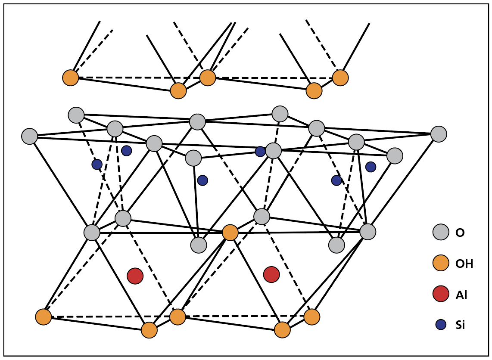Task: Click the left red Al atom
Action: tap(135, 276)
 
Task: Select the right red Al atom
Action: tap(271, 274)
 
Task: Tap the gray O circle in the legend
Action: tap(441, 232)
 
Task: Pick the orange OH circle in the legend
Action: tap(441, 263)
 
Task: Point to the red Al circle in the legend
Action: tap(441, 294)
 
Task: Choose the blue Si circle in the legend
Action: tap(441, 325)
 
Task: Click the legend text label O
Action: tap(460, 233)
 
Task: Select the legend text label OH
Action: tap(464, 264)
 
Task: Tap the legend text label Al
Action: tap(461, 295)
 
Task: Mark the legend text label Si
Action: tap(460, 325)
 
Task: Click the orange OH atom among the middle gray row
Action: tap(230, 233)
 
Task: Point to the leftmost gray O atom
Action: tap(29, 136)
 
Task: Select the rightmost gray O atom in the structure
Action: tap(439, 134)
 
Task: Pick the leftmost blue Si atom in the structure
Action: tap(97, 164)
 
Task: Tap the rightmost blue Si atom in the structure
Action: tap(371, 167)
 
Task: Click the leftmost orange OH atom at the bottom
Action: tap(44, 317)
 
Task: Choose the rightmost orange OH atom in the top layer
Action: tap(340, 78)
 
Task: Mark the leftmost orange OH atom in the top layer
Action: tap(71, 78)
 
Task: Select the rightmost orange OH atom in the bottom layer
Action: tap(312, 317)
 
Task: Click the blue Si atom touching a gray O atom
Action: tap(260, 152)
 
